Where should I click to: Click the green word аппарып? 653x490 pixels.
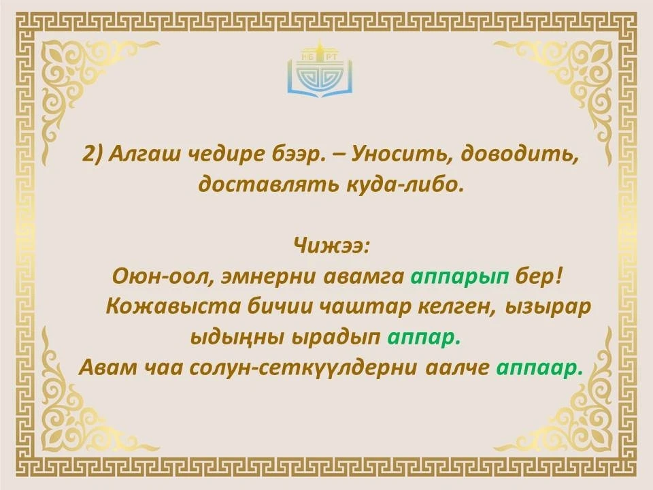pyautogui.click(x=460, y=277)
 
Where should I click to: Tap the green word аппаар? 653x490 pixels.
pyautogui.click(x=539, y=368)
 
